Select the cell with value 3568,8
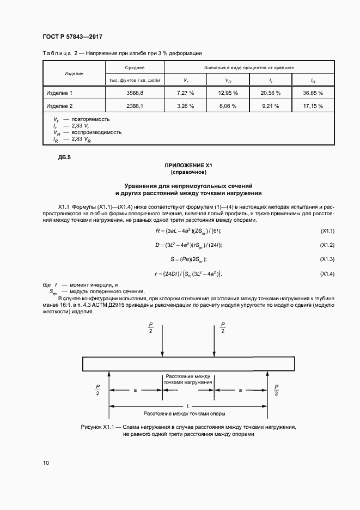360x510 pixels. tap(134, 93)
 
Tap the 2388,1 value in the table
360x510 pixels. tap(134, 106)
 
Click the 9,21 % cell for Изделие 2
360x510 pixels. tap(270, 106)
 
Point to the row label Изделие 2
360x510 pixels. tap(59, 106)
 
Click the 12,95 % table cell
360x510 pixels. tap(228, 93)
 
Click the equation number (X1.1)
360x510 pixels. tap(327, 231)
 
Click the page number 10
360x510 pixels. tap(46, 463)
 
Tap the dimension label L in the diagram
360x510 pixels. tap(188, 406)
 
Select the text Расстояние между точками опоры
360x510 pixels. tap(188, 413)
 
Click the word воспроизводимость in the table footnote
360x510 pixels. tap(96, 132)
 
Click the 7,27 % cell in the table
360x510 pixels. tap(186, 93)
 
